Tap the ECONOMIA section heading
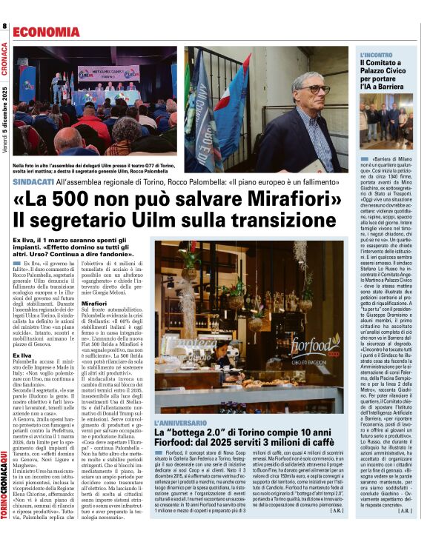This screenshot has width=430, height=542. point(46,33)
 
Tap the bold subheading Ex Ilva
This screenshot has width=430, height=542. point(21,355)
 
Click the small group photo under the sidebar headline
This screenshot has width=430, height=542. point(386,122)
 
